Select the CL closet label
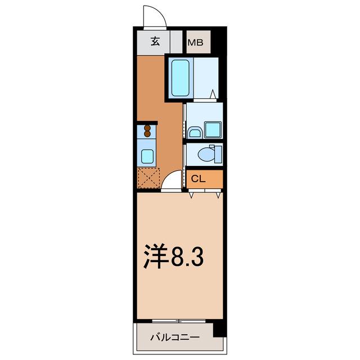click(x=197, y=179)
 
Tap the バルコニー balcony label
click(x=174, y=338)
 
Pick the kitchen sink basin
click(x=147, y=156)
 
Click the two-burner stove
click(x=147, y=131)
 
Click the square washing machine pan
click(x=213, y=129)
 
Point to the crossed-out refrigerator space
click(x=148, y=178)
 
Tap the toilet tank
click(x=219, y=153)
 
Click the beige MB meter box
click(x=198, y=42)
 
